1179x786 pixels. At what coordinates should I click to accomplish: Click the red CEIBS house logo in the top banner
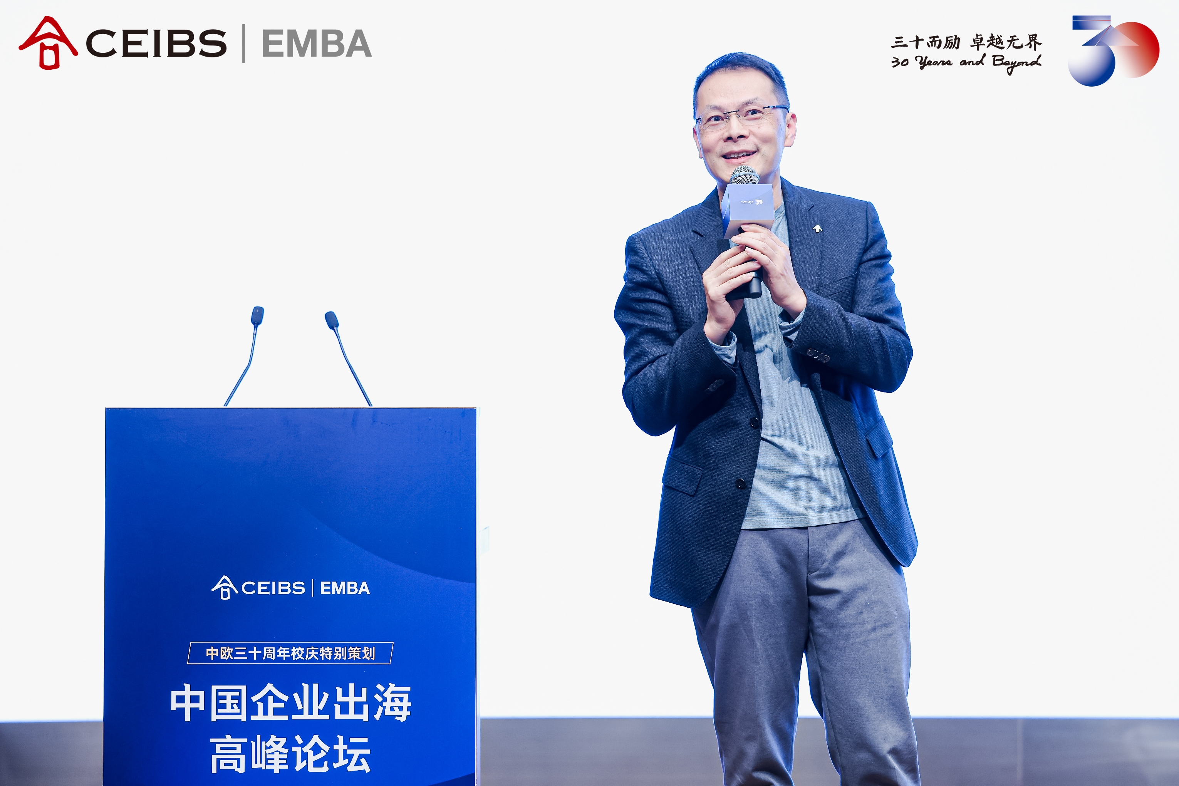point(48,43)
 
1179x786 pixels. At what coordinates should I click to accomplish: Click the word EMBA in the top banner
point(316,44)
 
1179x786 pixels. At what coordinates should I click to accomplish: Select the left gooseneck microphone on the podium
point(257,316)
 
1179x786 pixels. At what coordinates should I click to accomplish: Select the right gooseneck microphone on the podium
point(331,320)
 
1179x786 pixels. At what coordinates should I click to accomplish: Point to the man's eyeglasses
point(741,117)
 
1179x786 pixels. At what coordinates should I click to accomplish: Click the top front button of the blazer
point(755,422)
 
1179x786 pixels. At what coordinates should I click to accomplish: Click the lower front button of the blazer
point(740,484)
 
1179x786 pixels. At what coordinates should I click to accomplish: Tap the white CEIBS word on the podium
point(273,588)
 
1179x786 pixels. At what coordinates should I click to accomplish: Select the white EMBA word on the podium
point(345,588)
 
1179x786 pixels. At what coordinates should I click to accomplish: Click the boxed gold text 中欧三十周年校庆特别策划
point(290,653)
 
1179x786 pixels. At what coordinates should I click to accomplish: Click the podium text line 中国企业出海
point(290,703)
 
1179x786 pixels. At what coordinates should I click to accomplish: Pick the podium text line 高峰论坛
point(290,754)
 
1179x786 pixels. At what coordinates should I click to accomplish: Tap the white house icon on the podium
point(224,588)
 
